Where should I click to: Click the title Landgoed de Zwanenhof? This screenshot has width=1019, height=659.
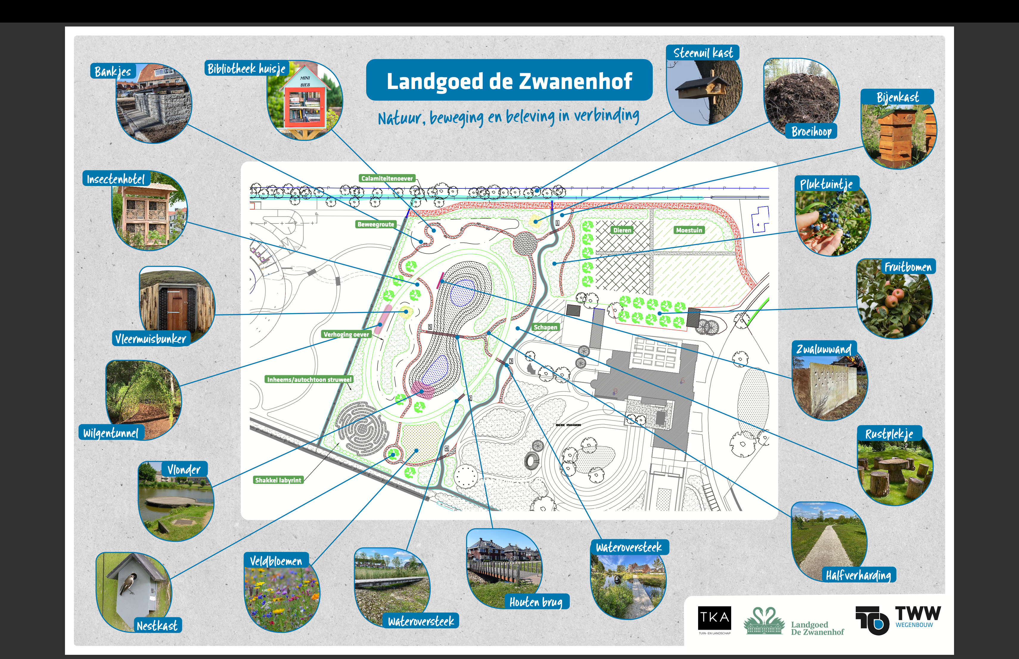pos(509,81)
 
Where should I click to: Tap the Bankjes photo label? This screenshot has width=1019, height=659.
pos(113,71)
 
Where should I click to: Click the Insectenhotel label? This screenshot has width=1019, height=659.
pos(116,179)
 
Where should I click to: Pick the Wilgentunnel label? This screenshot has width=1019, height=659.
pos(111,433)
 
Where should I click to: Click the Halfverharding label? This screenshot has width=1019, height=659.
pos(858,575)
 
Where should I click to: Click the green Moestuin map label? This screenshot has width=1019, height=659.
pos(689,230)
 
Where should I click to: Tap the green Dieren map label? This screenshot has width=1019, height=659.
pos(622,230)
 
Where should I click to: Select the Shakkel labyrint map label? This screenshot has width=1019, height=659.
pos(278,480)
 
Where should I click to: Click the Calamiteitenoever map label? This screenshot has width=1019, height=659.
pos(387,178)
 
